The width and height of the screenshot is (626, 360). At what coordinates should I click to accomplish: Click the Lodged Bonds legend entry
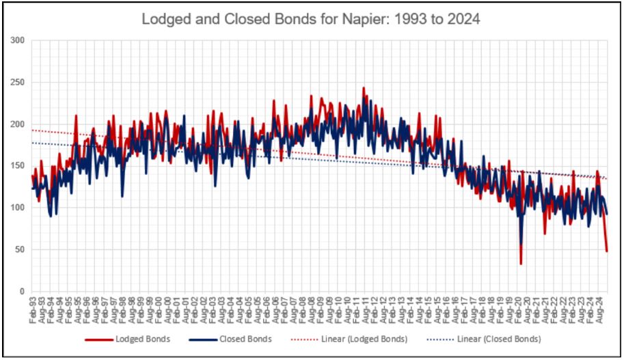pyautogui.click(x=137, y=340)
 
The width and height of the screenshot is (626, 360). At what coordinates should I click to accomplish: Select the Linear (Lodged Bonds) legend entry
pyautogui.click(x=364, y=340)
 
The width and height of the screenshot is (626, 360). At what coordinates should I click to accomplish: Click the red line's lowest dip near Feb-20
pyautogui.click(x=521, y=264)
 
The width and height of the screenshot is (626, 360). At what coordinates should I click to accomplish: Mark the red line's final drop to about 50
pyautogui.click(x=606, y=251)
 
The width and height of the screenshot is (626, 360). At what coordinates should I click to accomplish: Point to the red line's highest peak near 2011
pyautogui.click(x=364, y=88)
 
